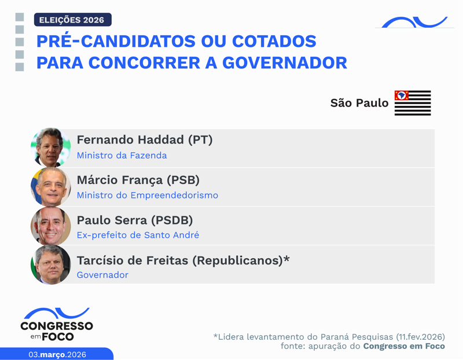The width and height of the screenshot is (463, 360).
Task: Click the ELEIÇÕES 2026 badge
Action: pyautogui.click(x=72, y=20)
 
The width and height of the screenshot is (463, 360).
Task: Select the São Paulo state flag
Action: pyautogui.click(x=413, y=103)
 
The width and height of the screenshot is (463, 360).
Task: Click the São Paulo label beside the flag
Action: pyautogui.click(x=359, y=103)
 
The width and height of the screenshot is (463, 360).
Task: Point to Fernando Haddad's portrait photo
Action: pyautogui.click(x=51, y=148)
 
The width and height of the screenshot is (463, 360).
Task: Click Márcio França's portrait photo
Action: pyautogui.click(x=51, y=187)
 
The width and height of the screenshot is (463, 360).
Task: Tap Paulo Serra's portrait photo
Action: pyautogui.click(x=51, y=226)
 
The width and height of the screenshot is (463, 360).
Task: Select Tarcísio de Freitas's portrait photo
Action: pyautogui.click(x=51, y=265)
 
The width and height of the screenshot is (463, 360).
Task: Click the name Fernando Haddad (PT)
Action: pyautogui.click(x=145, y=140)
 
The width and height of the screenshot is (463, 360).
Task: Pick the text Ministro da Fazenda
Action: pyautogui.click(x=122, y=156)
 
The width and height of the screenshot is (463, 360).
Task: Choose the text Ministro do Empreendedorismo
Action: pyautogui.click(x=148, y=195)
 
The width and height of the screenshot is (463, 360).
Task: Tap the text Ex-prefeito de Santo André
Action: pyautogui.click(x=138, y=235)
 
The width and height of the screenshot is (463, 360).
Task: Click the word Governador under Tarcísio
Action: pyautogui.click(x=102, y=275)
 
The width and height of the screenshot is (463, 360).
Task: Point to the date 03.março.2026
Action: pyautogui.click(x=57, y=354)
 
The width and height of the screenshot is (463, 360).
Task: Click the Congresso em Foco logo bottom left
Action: pyautogui.click(x=57, y=325)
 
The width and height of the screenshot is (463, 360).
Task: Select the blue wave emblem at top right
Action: pyautogui.click(x=414, y=23)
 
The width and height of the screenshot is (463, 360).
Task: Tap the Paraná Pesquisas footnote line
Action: pyautogui.click(x=329, y=336)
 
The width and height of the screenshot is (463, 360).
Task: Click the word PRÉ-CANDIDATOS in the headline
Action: pyautogui.click(x=113, y=42)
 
